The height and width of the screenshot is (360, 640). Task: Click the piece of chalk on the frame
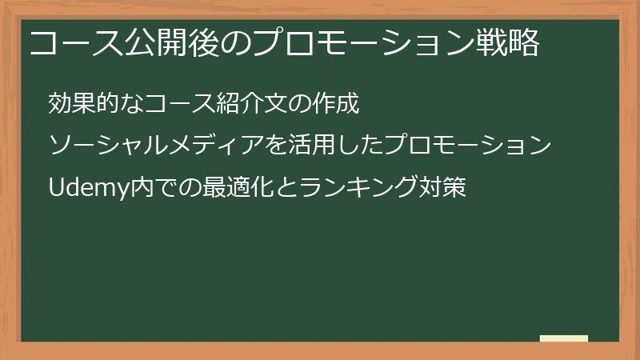(x=564, y=338)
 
